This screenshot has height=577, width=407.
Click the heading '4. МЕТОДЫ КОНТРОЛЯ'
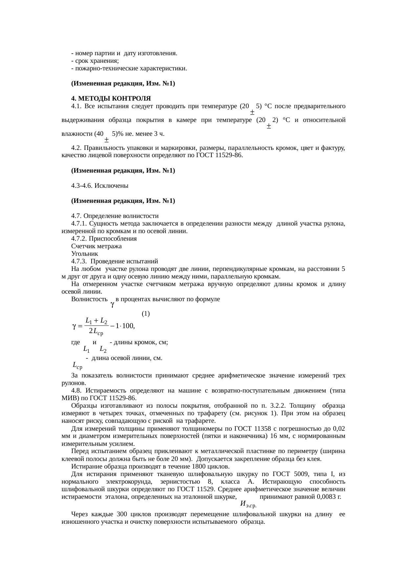(x=111, y=99)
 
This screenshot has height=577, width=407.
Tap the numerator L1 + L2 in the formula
(x=96, y=320)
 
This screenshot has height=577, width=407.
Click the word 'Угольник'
(x=84, y=254)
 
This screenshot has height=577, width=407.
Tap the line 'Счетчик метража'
(x=96, y=246)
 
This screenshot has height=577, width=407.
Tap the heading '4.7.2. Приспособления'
(x=104, y=239)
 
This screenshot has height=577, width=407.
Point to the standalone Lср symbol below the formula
(x=77, y=365)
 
